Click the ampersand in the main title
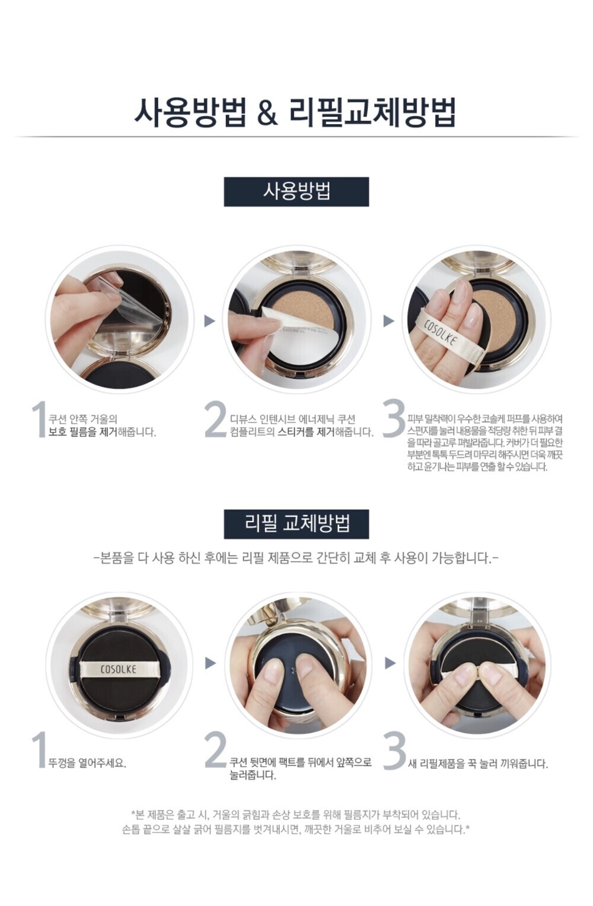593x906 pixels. point(267,112)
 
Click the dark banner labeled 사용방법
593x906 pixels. point(296,192)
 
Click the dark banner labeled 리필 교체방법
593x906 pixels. point(296,524)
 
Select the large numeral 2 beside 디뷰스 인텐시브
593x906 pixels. point(215,419)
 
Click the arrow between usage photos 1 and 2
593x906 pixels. point(209,321)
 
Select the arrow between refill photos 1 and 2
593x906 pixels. point(209,663)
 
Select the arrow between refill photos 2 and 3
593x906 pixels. point(389,663)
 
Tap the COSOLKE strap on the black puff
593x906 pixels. point(118,669)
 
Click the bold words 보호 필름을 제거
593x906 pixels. point(82,432)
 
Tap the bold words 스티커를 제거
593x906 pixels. point(307,432)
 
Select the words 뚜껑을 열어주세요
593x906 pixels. point(87,764)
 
